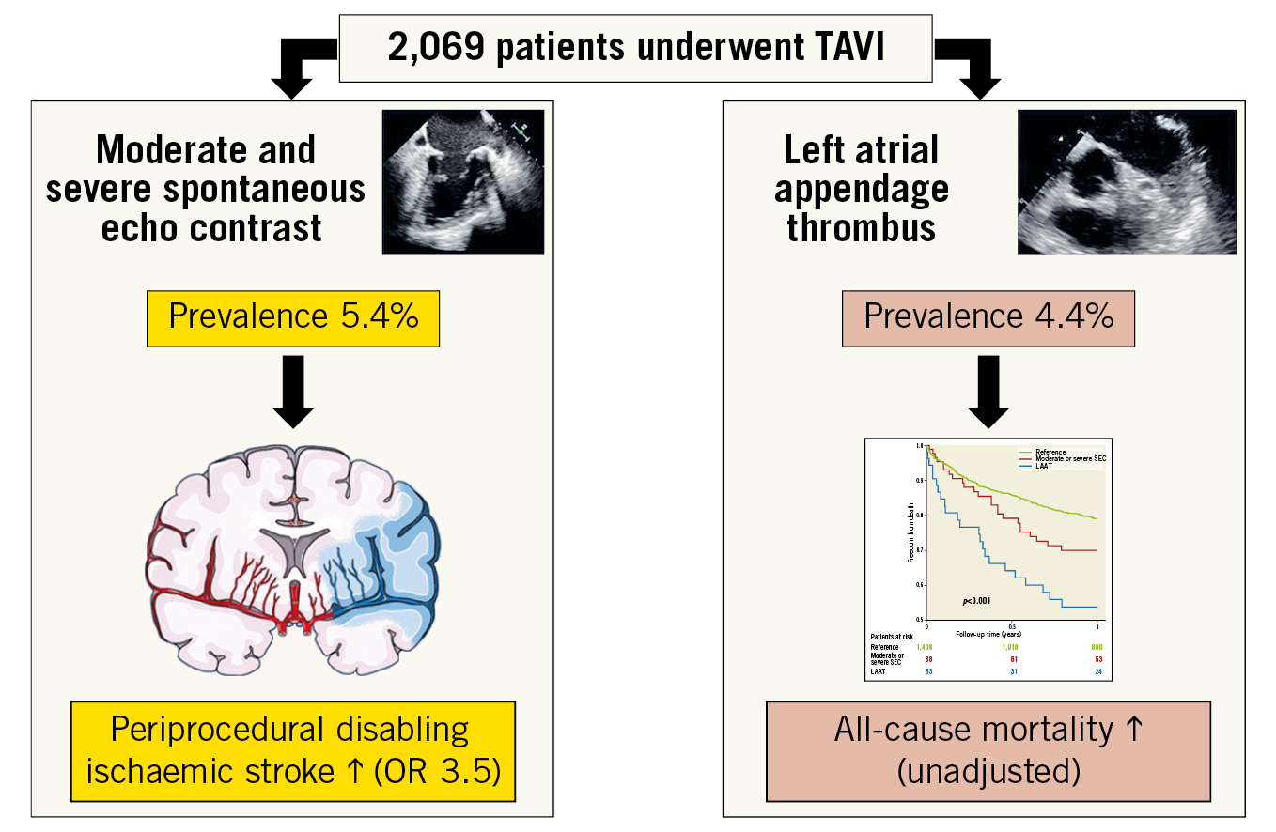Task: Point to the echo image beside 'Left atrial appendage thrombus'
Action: coord(1126,181)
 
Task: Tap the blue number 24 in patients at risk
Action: coord(1097,670)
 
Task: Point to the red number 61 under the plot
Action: coord(1012,659)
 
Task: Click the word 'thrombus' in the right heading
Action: coord(861,227)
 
